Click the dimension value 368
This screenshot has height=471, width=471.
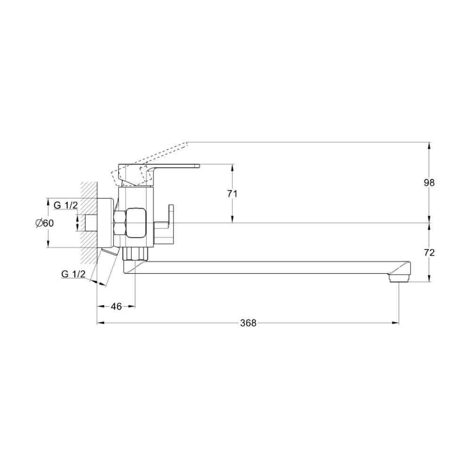click(248, 323)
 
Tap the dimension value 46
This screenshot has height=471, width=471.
click(116, 307)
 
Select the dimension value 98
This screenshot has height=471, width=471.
click(429, 183)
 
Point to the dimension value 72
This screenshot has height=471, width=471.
click(429, 252)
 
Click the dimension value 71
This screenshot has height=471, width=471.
click(232, 194)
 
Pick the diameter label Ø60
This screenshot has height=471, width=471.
click(44, 223)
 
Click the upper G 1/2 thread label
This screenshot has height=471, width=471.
click(66, 205)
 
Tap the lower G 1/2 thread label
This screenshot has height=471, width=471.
click(73, 274)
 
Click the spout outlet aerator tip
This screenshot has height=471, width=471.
click(398, 279)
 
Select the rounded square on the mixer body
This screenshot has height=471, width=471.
click(136, 223)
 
